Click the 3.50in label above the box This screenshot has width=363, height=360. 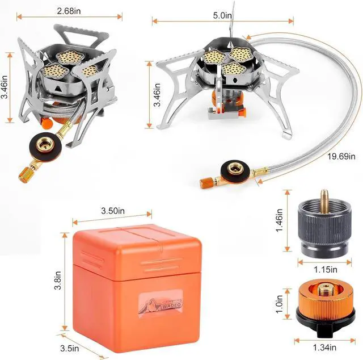(x=112, y=211)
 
